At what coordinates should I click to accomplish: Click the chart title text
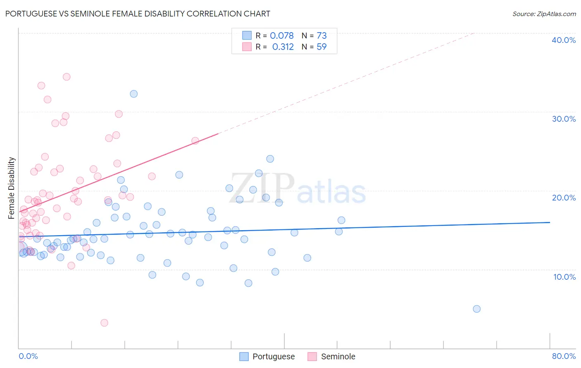(x=138, y=14)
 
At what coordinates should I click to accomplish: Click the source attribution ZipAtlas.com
(x=544, y=14)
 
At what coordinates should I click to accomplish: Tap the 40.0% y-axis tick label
(x=563, y=40)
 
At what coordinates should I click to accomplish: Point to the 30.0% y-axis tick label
(x=563, y=119)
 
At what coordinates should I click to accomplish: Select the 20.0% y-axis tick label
(x=563, y=198)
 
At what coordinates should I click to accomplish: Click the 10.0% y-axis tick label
(x=564, y=277)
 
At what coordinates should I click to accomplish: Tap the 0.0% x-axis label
(x=28, y=356)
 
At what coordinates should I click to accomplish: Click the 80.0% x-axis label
(x=564, y=356)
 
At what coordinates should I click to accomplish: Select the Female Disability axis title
(x=11, y=188)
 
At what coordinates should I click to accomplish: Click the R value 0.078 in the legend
(x=281, y=35)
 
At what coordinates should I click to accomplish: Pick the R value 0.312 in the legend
(x=283, y=47)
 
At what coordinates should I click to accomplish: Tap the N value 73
(x=321, y=35)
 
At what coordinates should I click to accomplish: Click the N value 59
(x=321, y=47)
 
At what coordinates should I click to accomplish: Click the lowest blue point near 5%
(x=476, y=309)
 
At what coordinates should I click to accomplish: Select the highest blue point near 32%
(x=133, y=94)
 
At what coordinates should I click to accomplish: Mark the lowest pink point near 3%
(x=104, y=323)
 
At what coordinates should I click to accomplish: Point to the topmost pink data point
(x=67, y=77)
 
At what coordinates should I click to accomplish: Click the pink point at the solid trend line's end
(x=195, y=141)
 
